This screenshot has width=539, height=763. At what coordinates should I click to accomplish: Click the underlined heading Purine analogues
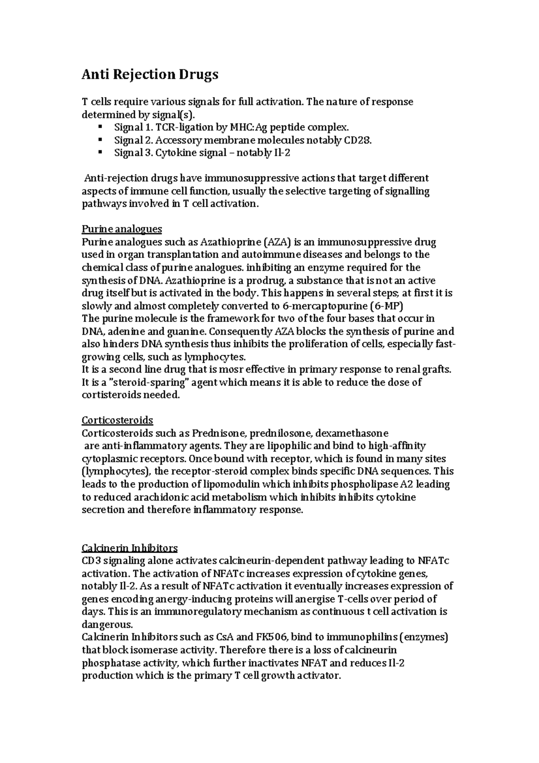121,229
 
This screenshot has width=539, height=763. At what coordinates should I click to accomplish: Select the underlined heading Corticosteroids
117,421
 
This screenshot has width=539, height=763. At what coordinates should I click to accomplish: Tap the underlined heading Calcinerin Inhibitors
129,548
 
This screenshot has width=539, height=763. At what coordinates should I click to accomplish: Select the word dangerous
107,625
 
